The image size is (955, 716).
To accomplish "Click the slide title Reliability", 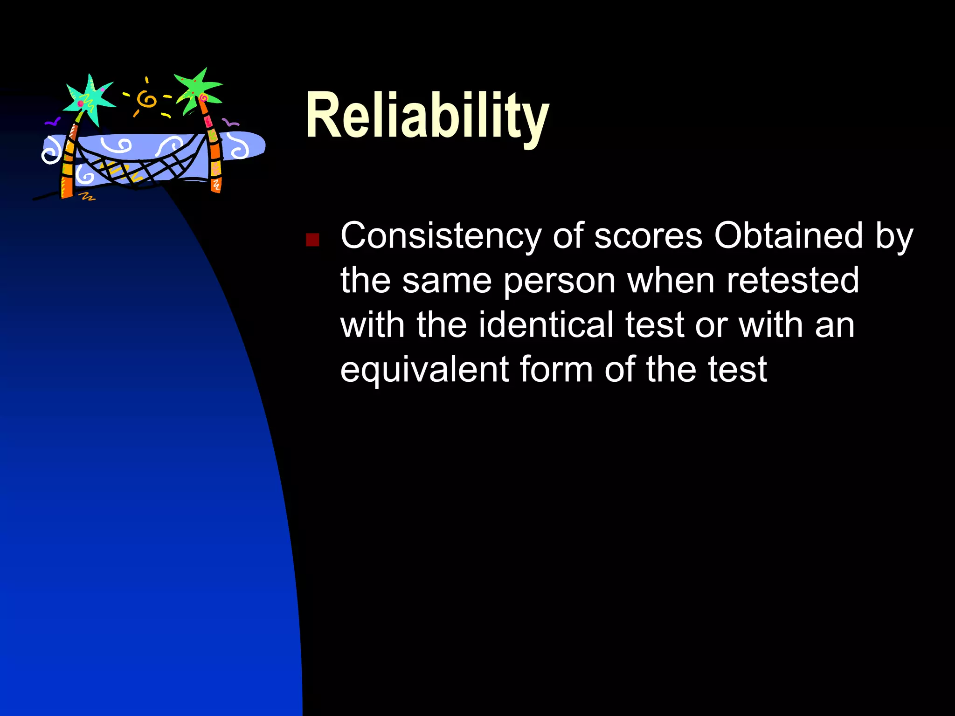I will click(x=427, y=116).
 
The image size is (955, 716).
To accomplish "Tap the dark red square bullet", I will click(x=312, y=240).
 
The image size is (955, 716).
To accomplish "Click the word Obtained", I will click(x=789, y=235).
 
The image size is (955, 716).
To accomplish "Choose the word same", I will click(x=447, y=281).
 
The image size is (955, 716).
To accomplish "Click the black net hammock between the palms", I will click(x=140, y=168).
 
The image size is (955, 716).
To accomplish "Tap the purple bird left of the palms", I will click(x=52, y=122).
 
